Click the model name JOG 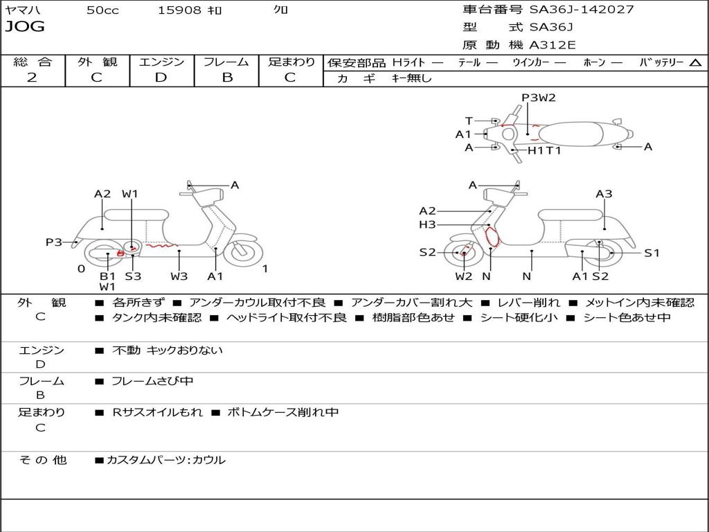click(x=25, y=27)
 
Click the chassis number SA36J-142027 click(x=582, y=9)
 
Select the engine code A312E click(x=552, y=45)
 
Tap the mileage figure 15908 click(x=179, y=10)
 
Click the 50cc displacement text click(x=102, y=10)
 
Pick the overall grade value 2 click(x=32, y=78)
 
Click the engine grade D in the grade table click(x=161, y=78)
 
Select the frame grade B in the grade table click(x=227, y=78)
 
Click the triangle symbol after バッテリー click(x=695, y=63)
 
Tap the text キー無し click(x=411, y=78)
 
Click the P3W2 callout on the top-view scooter click(x=539, y=97)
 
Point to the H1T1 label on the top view click(x=544, y=150)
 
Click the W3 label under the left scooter click(x=179, y=276)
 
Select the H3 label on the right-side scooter click(x=427, y=224)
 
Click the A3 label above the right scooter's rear click(x=604, y=194)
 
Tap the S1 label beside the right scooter click(x=652, y=253)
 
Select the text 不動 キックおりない click(x=168, y=350)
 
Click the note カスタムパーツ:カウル click(x=166, y=460)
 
